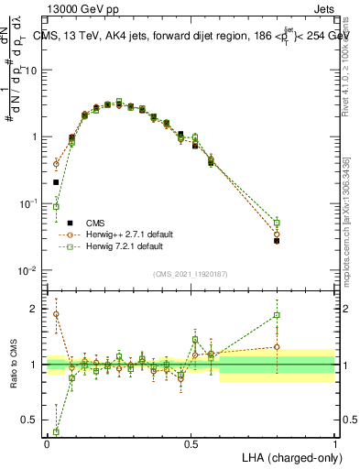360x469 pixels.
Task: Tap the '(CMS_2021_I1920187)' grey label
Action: point(191,274)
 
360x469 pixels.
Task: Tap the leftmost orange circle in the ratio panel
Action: point(56,314)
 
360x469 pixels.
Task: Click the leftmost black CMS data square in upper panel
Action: point(56,182)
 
